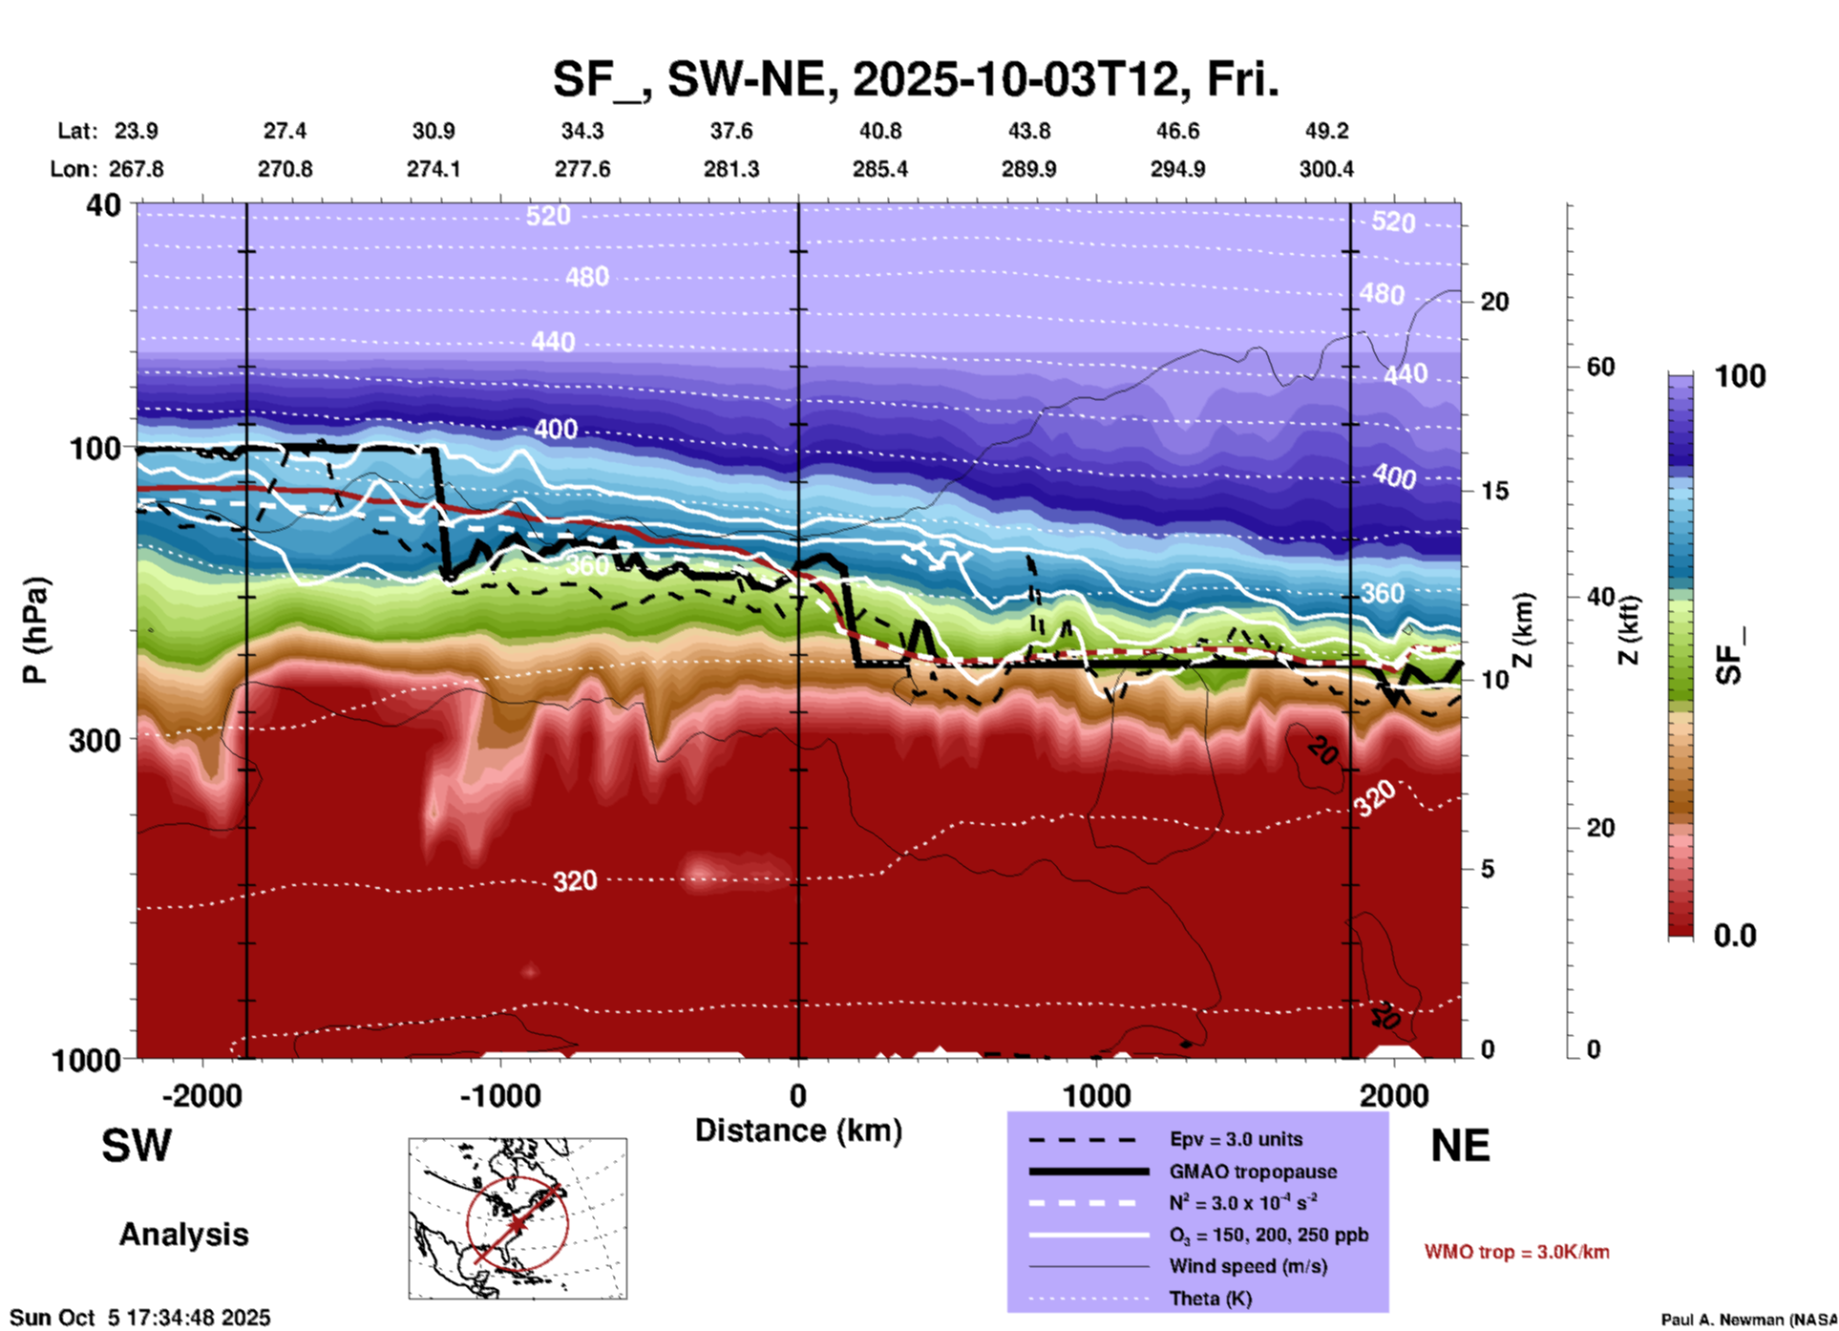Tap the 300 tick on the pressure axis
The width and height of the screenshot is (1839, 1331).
click(x=95, y=740)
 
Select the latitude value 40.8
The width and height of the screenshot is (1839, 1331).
click(x=879, y=131)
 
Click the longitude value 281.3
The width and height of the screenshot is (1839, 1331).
click(x=731, y=169)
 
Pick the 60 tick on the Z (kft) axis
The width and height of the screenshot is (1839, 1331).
click(x=1600, y=367)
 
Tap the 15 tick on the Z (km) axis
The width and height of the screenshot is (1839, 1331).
click(x=1494, y=491)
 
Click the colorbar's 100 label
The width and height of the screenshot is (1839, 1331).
click(x=1740, y=376)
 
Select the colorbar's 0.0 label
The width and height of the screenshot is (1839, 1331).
click(x=1735, y=936)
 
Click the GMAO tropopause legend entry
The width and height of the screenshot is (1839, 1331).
click(x=1253, y=1172)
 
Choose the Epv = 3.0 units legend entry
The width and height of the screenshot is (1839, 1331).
click(x=1236, y=1139)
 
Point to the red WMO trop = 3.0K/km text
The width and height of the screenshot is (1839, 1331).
click(x=1516, y=1252)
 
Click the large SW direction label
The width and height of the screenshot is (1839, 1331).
click(x=137, y=1146)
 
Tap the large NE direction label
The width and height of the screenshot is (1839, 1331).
click(x=1460, y=1146)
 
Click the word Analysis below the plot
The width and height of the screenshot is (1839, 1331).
click(x=183, y=1235)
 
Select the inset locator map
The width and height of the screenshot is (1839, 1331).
click(x=518, y=1218)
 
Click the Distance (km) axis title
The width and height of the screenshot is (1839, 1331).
click(x=798, y=1130)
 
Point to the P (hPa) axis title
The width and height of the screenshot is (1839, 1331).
click(x=35, y=630)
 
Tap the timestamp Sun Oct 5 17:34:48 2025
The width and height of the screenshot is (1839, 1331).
click(x=140, y=1318)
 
